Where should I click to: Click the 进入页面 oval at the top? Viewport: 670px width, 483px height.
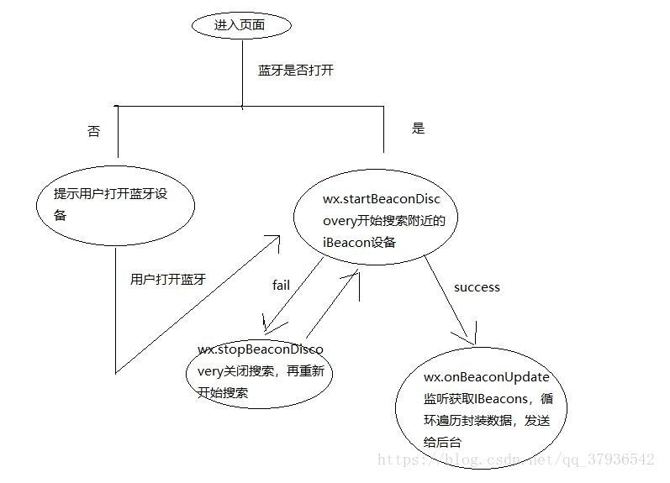tap(241, 25)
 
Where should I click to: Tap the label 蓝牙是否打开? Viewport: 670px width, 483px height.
tap(295, 71)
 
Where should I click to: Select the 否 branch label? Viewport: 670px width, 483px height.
tap(93, 132)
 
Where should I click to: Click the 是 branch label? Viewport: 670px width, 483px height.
tap(418, 129)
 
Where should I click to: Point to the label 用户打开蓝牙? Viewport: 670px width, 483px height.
tap(168, 280)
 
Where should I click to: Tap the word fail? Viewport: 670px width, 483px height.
tap(281, 286)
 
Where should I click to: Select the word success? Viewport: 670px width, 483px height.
tap(477, 287)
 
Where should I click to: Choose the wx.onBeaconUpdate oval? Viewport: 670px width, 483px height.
tap(481, 410)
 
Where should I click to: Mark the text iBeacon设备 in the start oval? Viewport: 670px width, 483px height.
tap(359, 242)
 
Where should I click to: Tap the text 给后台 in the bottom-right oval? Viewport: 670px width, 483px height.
tap(443, 442)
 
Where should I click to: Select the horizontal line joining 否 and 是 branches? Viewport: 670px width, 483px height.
tap(252, 107)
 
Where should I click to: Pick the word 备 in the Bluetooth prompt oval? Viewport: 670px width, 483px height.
tap(61, 214)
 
